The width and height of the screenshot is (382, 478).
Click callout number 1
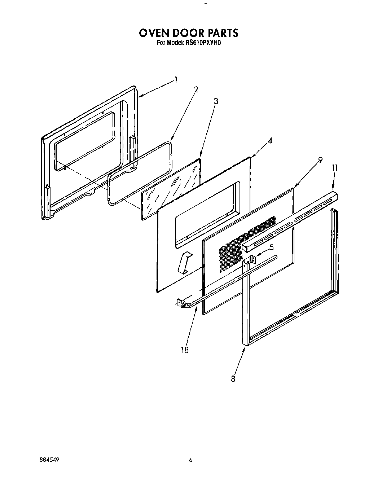pos(176,80)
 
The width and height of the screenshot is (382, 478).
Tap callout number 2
pos(196,90)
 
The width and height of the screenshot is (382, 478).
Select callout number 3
pos(216,101)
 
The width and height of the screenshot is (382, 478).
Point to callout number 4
pos(269,141)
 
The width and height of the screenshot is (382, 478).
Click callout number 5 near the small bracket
pos(271,247)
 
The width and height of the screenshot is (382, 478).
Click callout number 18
pos(185,350)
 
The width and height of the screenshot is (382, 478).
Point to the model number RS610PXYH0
pos(199,43)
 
